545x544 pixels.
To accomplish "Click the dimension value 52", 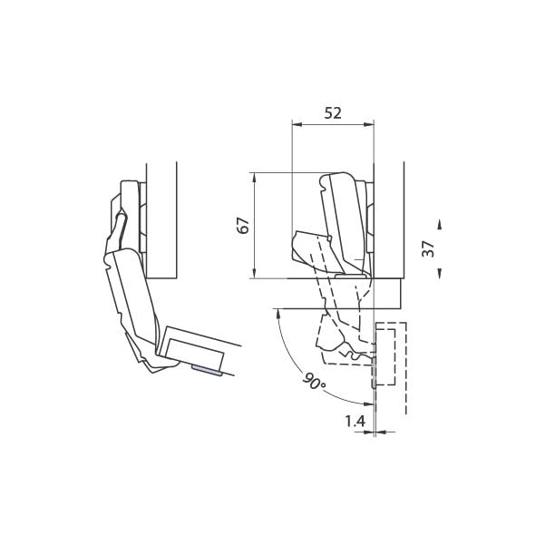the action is pyautogui.click(x=333, y=113).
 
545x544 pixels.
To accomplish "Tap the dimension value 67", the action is pyautogui.click(x=243, y=226).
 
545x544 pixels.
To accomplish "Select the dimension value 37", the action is pyautogui.click(x=428, y=248).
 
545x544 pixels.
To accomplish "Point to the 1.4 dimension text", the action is pyautogui.click(x=355, y=422).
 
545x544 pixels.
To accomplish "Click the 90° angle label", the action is pyautogui.click(x=314, y=382).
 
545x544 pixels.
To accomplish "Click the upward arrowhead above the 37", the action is pyautogui.click(x=440, y=224).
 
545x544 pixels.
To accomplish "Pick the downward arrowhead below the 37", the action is pyautogui.click(x=440, y=273).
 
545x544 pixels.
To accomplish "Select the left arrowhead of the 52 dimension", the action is pyautogui.click(x=297, y=124).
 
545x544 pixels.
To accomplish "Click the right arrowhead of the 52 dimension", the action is pyautogui.click(x=368, y=124).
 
